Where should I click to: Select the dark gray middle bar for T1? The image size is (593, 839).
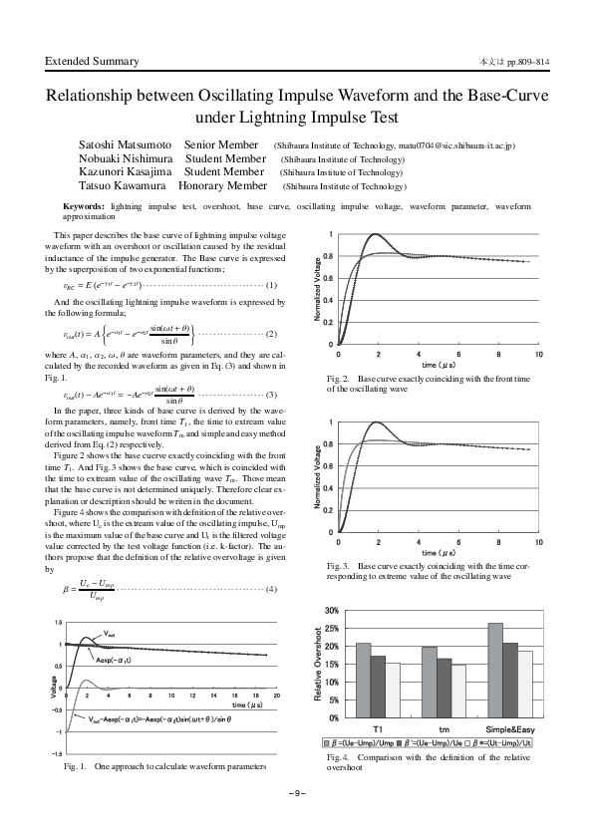[x=378, y=686]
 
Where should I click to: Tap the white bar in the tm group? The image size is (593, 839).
[x=457, y=691]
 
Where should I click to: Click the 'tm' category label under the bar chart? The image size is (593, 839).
[x=444, y=729]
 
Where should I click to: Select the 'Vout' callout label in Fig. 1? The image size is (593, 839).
[x=111, y=633]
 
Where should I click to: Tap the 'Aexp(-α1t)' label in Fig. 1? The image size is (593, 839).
[x=117, y=659]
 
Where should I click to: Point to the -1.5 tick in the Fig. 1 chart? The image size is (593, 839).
[x=59, y=754]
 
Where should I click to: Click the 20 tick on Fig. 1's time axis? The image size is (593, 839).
[x=276, y=696]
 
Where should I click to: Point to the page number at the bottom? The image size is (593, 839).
[x=296, y=792]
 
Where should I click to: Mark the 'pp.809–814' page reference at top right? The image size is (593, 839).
[x=528, y=63]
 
